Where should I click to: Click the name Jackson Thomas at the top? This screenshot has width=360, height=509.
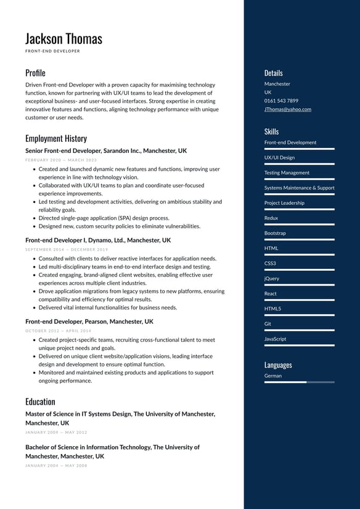[63, 38]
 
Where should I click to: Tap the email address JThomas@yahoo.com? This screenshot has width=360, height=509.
[287, 109]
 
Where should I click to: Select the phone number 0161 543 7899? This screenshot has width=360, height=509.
[281, 101]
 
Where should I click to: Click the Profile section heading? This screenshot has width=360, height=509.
[35, 73]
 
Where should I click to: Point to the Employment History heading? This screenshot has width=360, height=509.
[56, 138]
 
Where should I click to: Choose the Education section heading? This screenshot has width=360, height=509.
[40, 402]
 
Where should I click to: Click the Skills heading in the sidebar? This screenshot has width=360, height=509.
[271, 131]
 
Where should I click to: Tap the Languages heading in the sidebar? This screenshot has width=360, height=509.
[278, 365]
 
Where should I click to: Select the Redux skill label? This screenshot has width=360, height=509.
[271, 218]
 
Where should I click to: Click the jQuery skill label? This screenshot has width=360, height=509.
[272, 278]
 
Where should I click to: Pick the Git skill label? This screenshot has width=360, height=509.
[268, 323]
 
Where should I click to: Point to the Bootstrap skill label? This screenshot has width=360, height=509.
[275, 233]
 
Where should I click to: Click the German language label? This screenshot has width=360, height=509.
[273, 375]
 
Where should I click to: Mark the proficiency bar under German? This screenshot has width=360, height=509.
[299, 383]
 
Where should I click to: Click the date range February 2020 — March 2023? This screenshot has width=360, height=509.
[61, 160]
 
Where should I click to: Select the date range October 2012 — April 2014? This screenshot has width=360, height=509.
[58, 331]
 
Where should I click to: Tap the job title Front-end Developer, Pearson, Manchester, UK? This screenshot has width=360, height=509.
[89, 321]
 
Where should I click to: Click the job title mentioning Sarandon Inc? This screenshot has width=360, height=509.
[106, 151]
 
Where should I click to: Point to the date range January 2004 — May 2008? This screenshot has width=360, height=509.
[56, 465]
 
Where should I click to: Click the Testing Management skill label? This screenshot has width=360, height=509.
[287, 173]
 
